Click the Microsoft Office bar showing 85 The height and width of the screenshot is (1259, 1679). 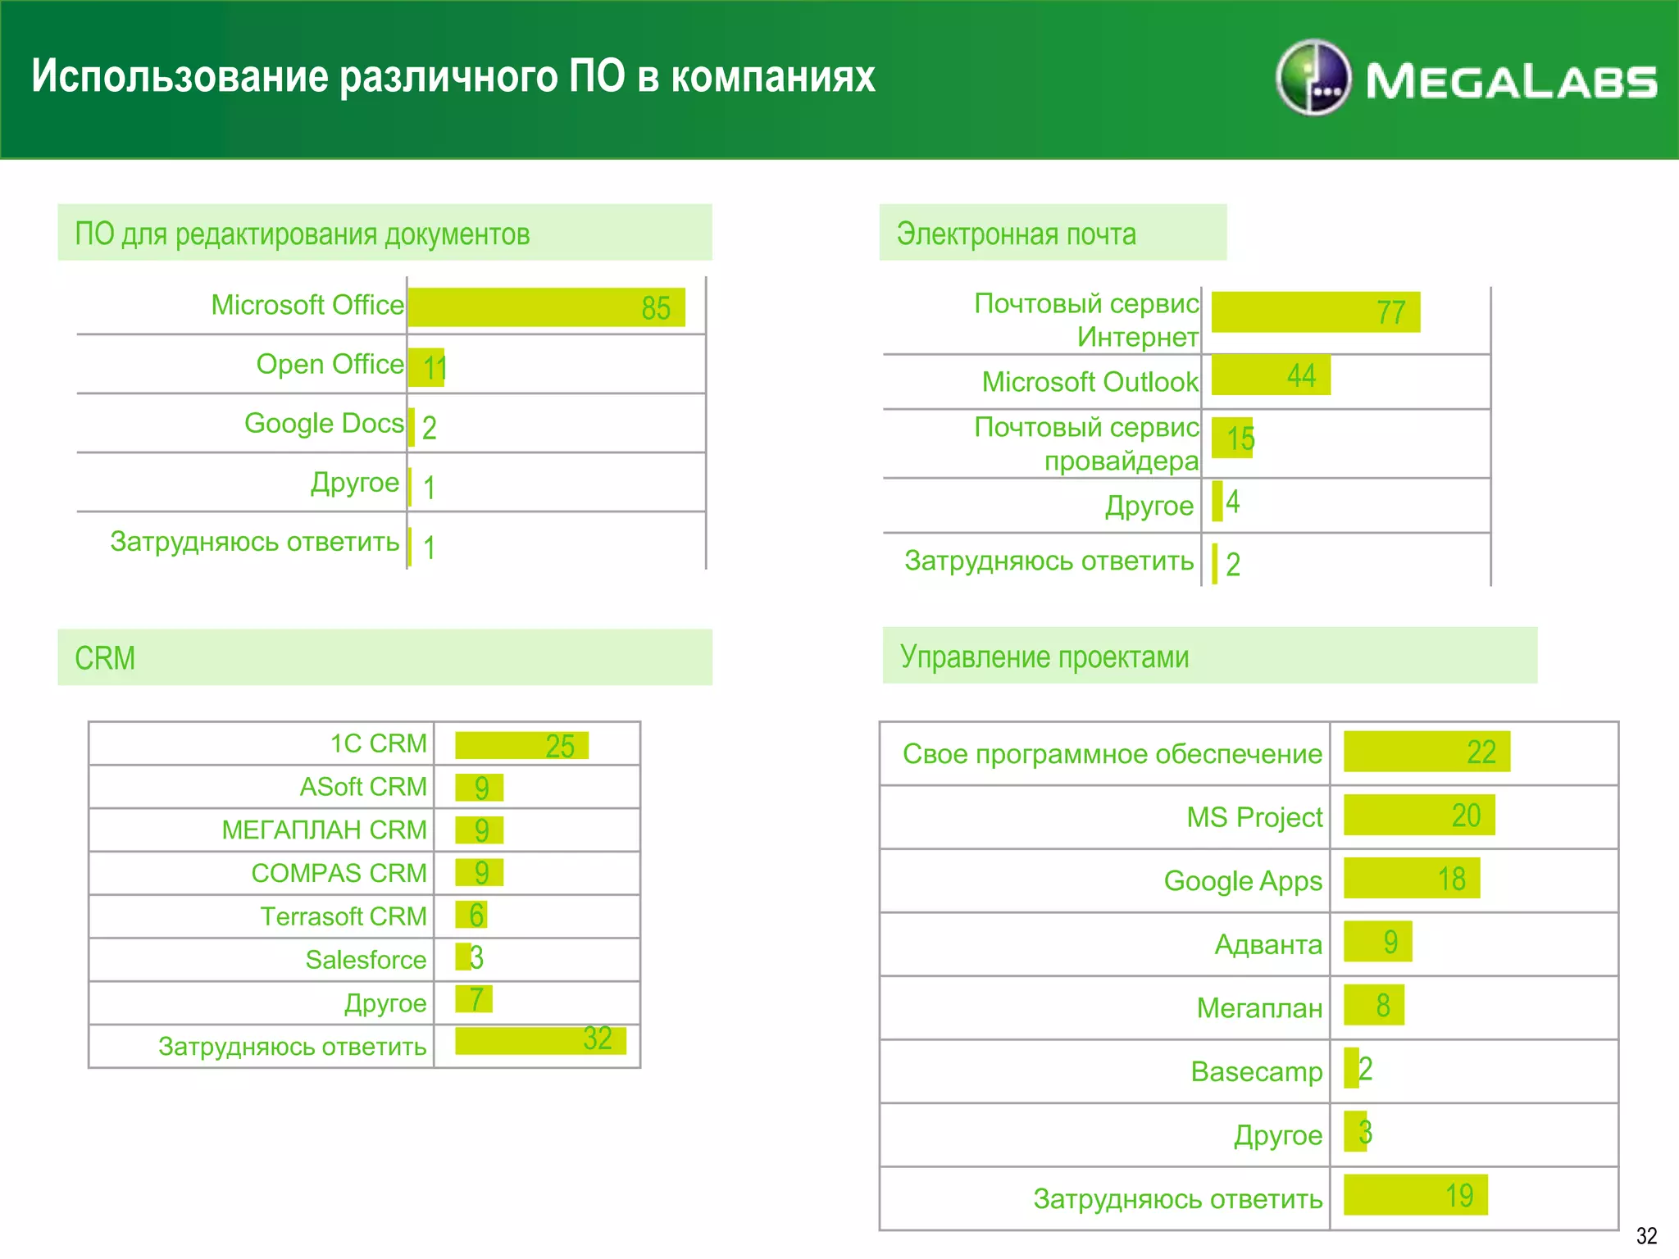[546, 307]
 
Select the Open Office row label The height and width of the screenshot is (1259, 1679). [330, 364]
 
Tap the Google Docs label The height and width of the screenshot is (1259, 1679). [324, 423]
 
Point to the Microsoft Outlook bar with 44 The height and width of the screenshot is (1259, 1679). [1270, 375]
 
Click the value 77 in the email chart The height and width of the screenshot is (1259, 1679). [1390, 312]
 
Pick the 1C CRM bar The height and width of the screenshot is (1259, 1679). [521, 745]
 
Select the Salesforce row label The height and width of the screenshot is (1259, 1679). [366, 959]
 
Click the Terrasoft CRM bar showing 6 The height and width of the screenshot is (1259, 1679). [471, 915]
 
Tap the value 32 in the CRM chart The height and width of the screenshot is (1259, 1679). [598, 1039]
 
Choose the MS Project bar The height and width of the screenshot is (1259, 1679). [1418, 816]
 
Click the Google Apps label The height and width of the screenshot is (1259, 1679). [1243, 880]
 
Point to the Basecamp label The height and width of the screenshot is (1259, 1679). [1256, 1071]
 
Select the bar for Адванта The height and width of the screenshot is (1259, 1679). [1377, 942]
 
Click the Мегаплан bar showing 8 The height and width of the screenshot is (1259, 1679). [1373, 1005]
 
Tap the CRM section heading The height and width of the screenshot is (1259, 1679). [105, 658]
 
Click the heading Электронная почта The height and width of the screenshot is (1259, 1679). [1016, 234]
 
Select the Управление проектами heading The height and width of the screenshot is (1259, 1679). [1044, 657]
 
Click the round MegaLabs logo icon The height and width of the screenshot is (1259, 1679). [1313, 78]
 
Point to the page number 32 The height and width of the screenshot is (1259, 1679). [1646, 1235]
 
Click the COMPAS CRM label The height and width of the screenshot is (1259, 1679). [339, 873]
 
